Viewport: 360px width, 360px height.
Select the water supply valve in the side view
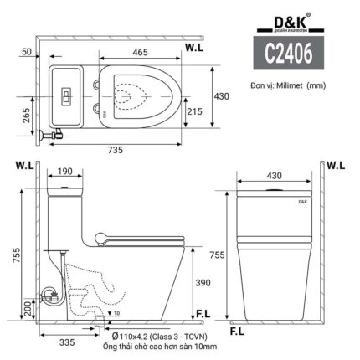pyautogui.click(x=49, y=294)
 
